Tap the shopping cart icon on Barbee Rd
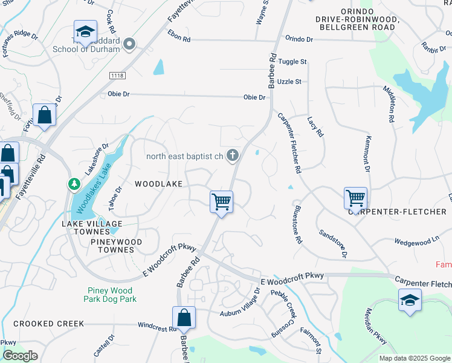(222, 201)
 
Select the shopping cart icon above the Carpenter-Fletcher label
(355, 197)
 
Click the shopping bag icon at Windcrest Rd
(184, 316)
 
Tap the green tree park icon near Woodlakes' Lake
(74, 183)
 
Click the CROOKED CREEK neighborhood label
(49, 324)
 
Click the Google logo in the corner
(20, 356)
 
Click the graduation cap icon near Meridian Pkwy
(409, 300)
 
